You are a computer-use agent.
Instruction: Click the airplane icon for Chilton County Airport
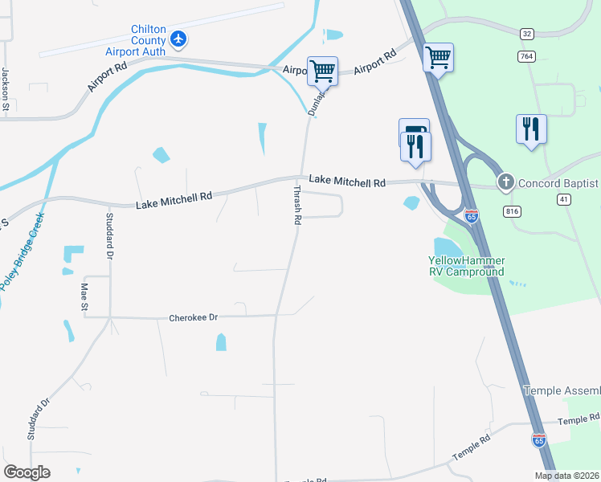tap(178, 39)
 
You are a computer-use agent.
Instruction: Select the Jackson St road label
tap(5, 88)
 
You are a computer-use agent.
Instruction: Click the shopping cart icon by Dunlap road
tap(322, 71)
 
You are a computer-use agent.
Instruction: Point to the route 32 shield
tap(526, 34)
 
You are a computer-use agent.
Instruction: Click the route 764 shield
tap(526, 55)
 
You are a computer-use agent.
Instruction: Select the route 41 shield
tap(564, 198)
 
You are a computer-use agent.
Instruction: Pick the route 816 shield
tap(511, 210)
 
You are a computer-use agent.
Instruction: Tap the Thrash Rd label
tap(297, 206)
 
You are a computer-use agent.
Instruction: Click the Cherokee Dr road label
tap(194, 318)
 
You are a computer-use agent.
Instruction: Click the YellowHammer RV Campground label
tap(465, 266)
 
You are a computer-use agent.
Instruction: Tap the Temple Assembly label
tap(562, 390)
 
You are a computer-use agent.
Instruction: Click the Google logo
tap(27, 472)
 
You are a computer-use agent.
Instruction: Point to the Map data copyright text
tap(566, 476)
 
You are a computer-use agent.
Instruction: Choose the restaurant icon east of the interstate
tap(531, 129)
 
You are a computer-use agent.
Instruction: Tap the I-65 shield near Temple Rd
tap(538, 439)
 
